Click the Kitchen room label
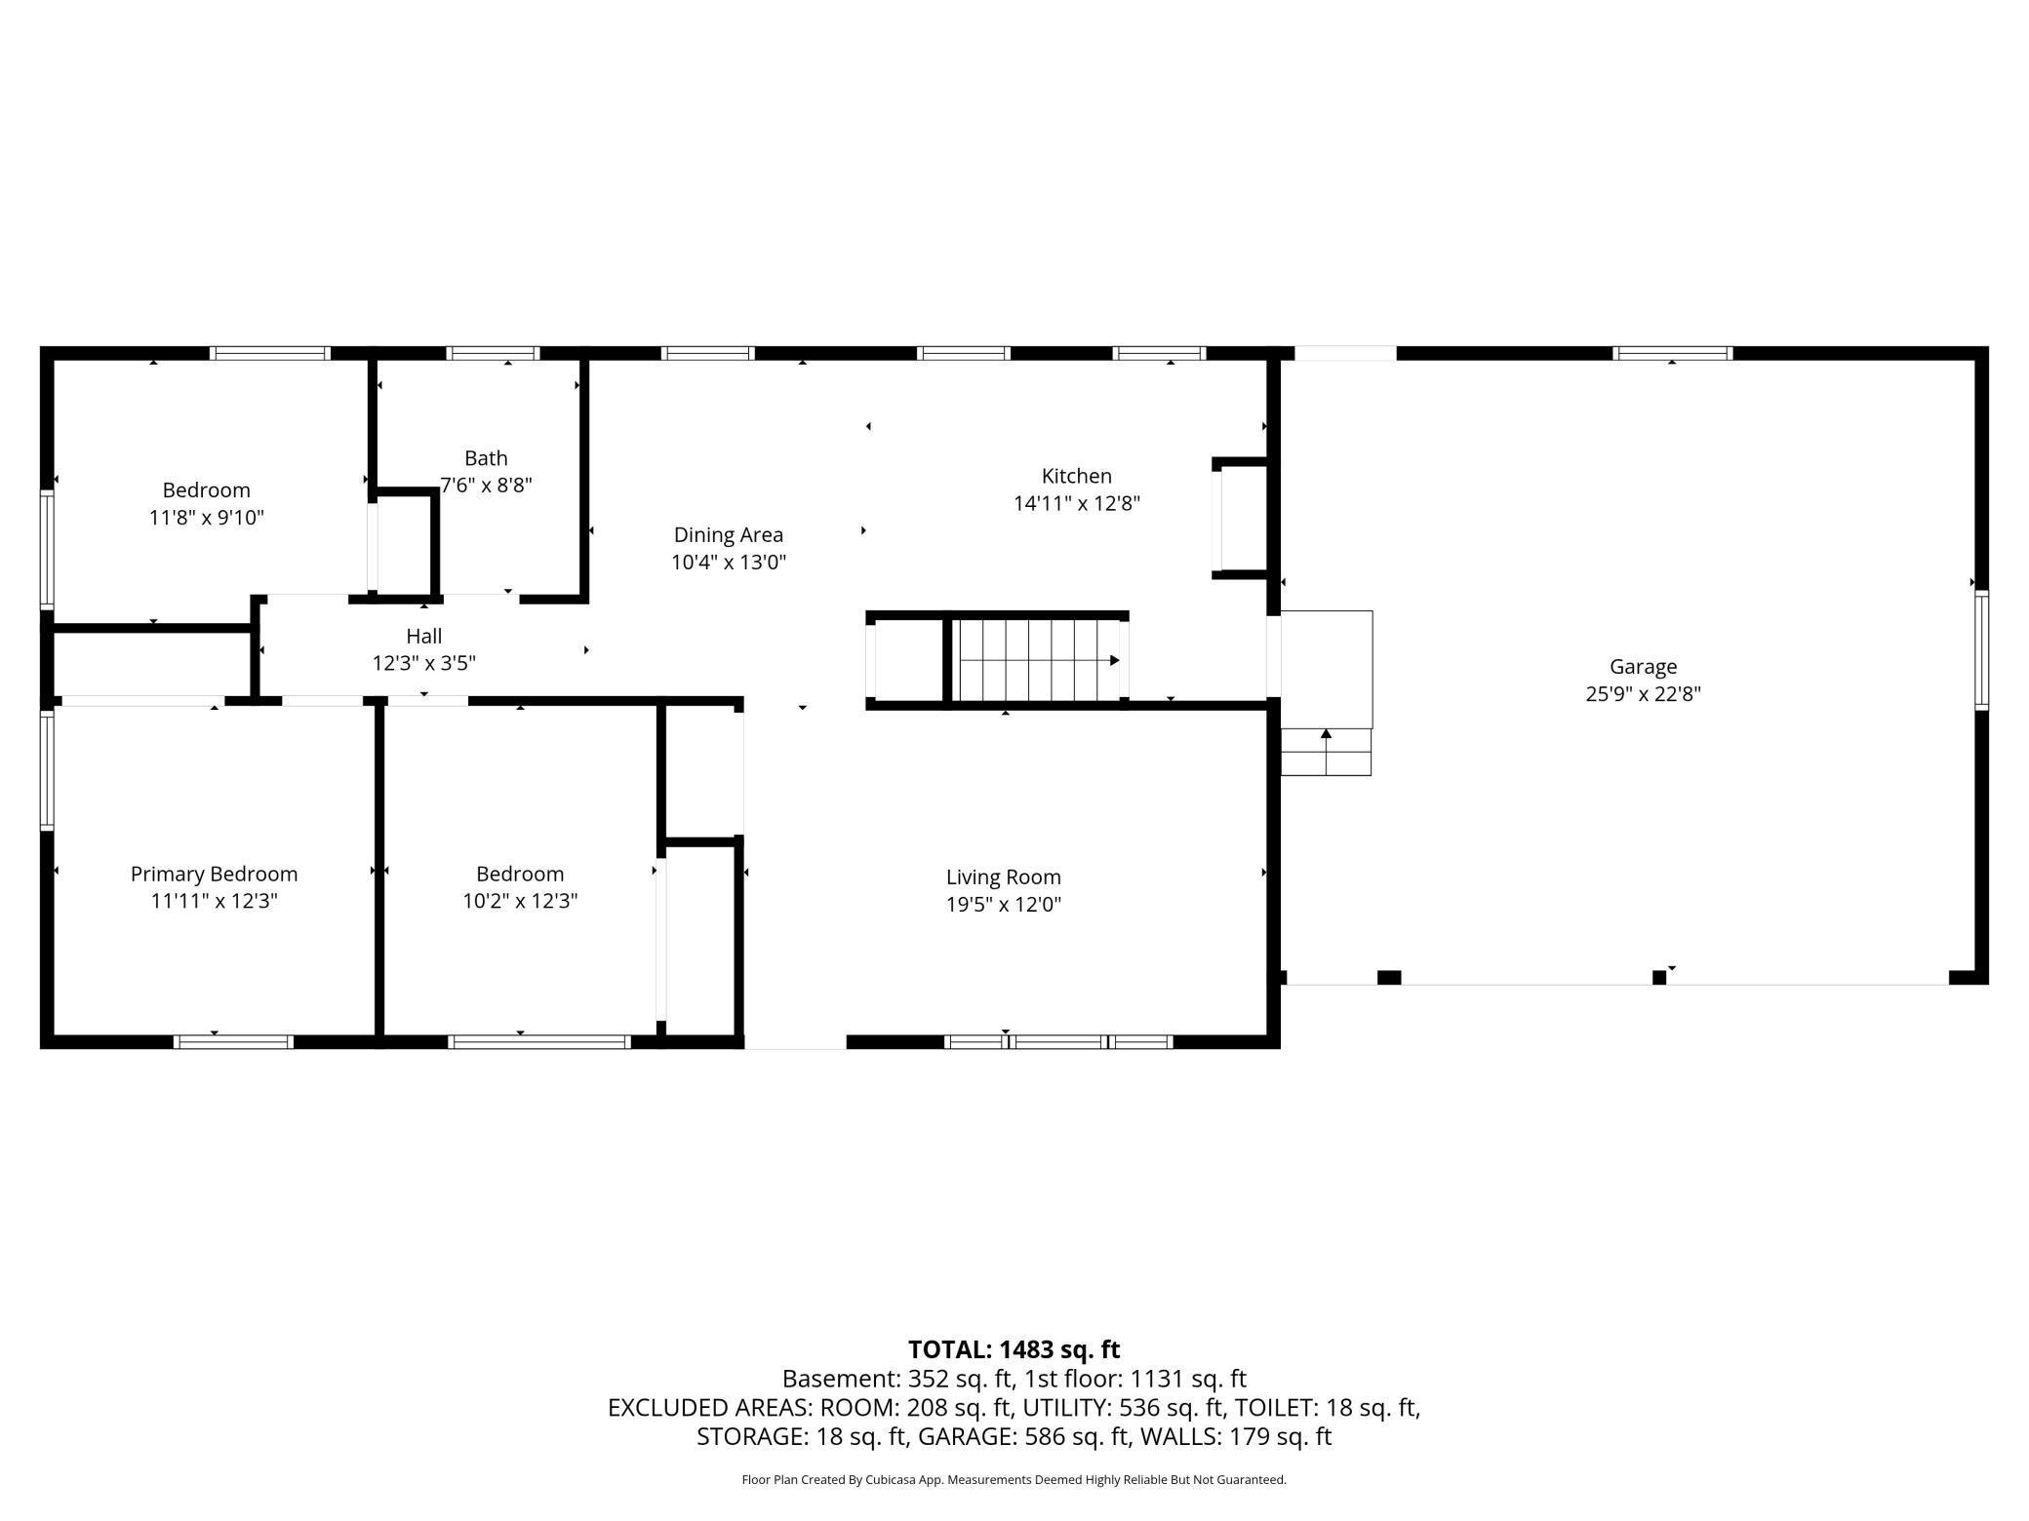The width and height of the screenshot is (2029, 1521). [1076, 476]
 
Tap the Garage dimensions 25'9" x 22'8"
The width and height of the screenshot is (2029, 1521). [1643, 694]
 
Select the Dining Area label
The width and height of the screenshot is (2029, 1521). [728, 534]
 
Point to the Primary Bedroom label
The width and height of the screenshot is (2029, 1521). [214, 874]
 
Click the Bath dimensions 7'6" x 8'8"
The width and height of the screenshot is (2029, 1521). [486, 485]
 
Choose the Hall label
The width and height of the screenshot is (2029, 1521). [423, 636]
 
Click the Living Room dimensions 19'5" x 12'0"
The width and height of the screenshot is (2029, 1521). [1003, 904]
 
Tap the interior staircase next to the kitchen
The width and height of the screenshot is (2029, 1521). [1038, 660]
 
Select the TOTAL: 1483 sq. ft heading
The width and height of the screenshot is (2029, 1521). [1014, 1349]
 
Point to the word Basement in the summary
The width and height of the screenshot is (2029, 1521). [841, 1379]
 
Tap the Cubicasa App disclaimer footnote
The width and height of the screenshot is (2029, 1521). [1014, 1479]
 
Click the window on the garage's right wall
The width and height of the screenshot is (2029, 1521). [1981, 648]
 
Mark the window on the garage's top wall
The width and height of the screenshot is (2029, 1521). [1672, 353]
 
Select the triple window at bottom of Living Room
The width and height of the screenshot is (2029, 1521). [1058, 1041]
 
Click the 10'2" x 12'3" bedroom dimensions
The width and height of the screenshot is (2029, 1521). [520, 901]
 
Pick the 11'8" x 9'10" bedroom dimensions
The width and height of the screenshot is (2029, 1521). [206, 518]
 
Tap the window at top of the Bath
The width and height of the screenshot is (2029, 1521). [493, 353]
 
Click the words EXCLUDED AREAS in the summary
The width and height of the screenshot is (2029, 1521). [709, 1408]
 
